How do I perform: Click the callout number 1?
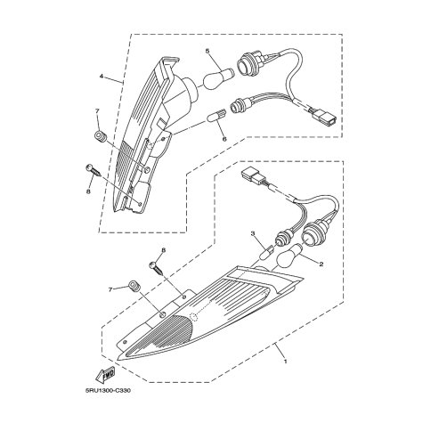285,362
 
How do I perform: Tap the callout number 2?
321,264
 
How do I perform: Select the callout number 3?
253,233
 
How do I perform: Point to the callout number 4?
102,69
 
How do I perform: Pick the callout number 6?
224,139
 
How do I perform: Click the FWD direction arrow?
105,377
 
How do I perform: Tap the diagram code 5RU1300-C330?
108,390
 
